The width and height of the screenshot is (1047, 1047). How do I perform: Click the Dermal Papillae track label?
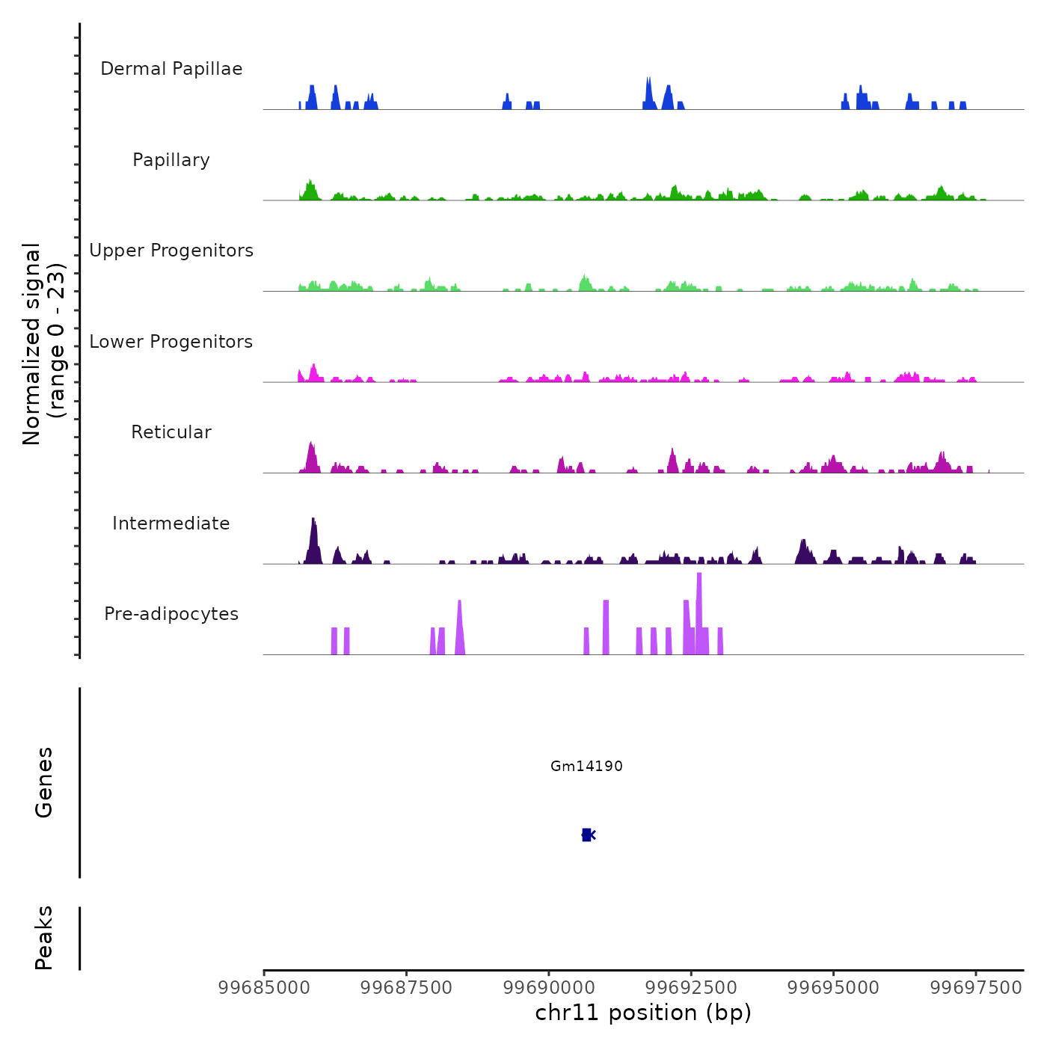point(171,69)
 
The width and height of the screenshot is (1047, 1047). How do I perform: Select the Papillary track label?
point(171,160)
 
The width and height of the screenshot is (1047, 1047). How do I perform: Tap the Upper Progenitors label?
point(171,251)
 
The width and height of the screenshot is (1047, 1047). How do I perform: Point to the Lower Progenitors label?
point(171,342)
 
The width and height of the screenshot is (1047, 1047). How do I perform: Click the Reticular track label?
point(171,432)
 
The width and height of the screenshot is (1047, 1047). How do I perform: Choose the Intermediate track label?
point(171,523)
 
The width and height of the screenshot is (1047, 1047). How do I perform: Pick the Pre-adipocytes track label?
point(171,614)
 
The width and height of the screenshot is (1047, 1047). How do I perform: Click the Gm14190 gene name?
point(586,766)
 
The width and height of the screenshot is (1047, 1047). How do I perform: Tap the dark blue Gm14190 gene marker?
point(587,835)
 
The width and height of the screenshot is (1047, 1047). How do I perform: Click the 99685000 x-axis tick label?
point(263,988)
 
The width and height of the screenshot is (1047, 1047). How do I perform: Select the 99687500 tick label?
point(406,988)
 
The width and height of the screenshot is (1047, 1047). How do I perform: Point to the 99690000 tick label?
point(549,988)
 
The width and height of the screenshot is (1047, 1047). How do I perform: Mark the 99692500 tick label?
point(692,988)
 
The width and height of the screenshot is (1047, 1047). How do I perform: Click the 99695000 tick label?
point(834,988)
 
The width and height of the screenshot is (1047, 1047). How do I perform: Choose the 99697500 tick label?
point(976,988)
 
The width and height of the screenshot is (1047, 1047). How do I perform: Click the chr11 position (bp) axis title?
point(643,1013)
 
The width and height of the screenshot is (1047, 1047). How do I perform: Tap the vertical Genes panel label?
point(44,782)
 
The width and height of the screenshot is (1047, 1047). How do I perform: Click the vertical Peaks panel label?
point(44,938)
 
